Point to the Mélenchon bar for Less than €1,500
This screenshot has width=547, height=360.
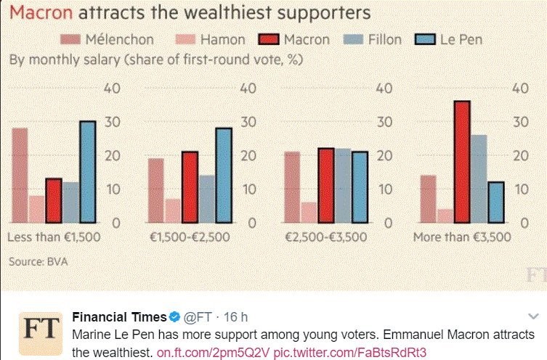tap(20, 175)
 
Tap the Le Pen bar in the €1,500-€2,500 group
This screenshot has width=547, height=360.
tap(223, 175)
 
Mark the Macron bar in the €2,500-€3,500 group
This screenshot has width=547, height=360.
tap(326, 185)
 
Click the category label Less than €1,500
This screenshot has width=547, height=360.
tap(53, 237)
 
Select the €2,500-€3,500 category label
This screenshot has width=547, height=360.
tap(324, 237)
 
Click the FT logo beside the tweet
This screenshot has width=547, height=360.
tap(38, 333)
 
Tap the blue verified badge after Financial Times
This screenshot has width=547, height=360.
tap(174, 317)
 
